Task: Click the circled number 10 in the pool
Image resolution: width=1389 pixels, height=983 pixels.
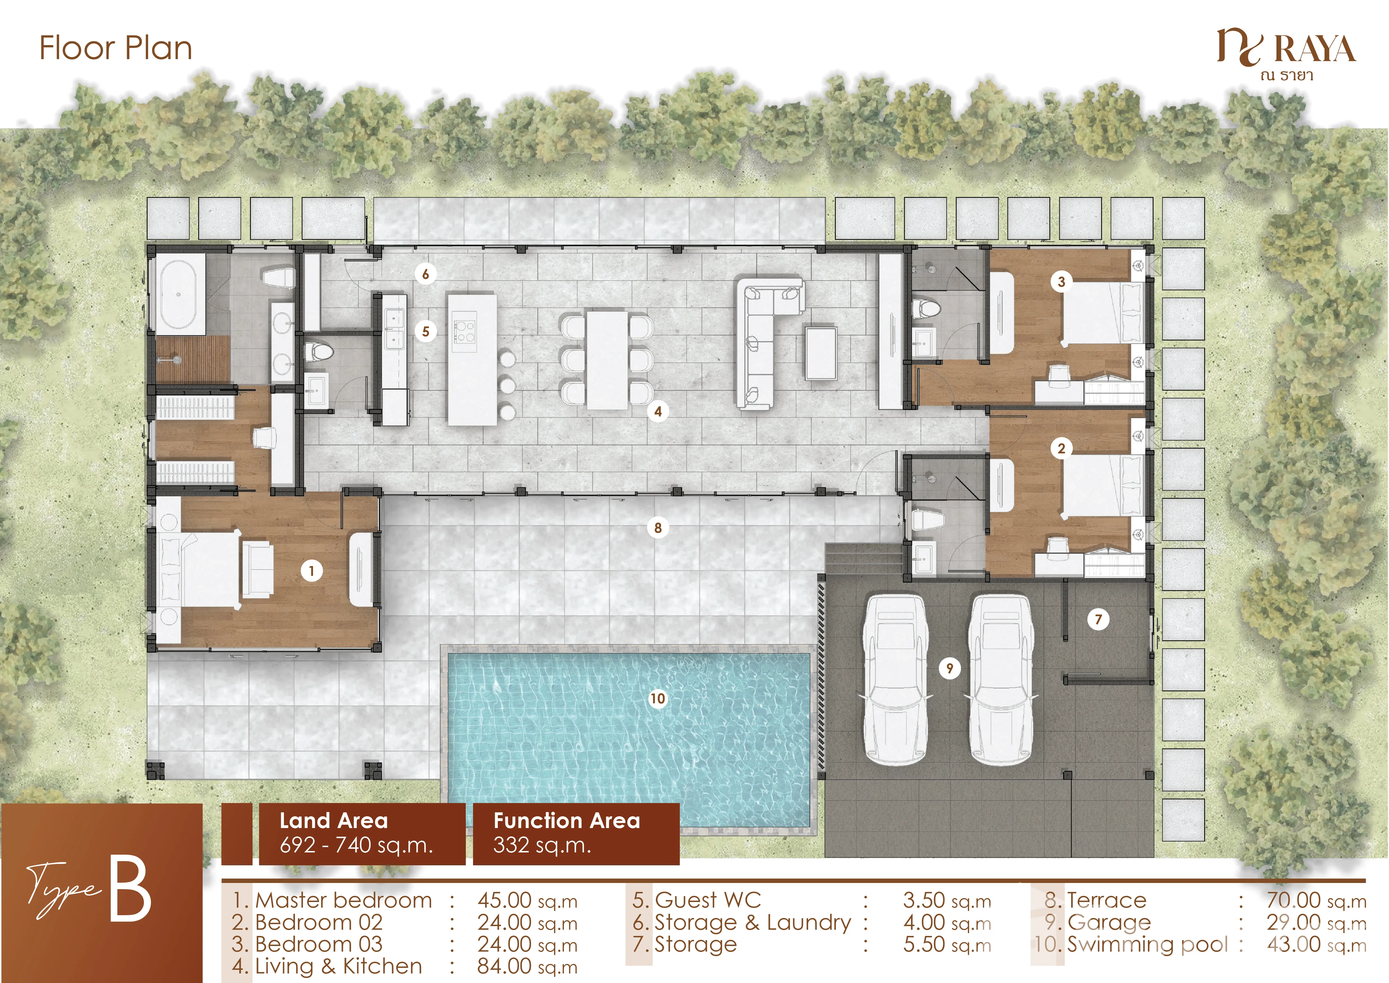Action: (658, 699)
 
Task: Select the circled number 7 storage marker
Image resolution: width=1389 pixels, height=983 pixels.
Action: (1099, 619)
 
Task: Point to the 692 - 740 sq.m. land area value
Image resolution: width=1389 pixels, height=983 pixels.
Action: (356, 845)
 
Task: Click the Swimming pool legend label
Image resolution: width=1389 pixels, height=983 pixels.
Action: (1147, 944)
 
